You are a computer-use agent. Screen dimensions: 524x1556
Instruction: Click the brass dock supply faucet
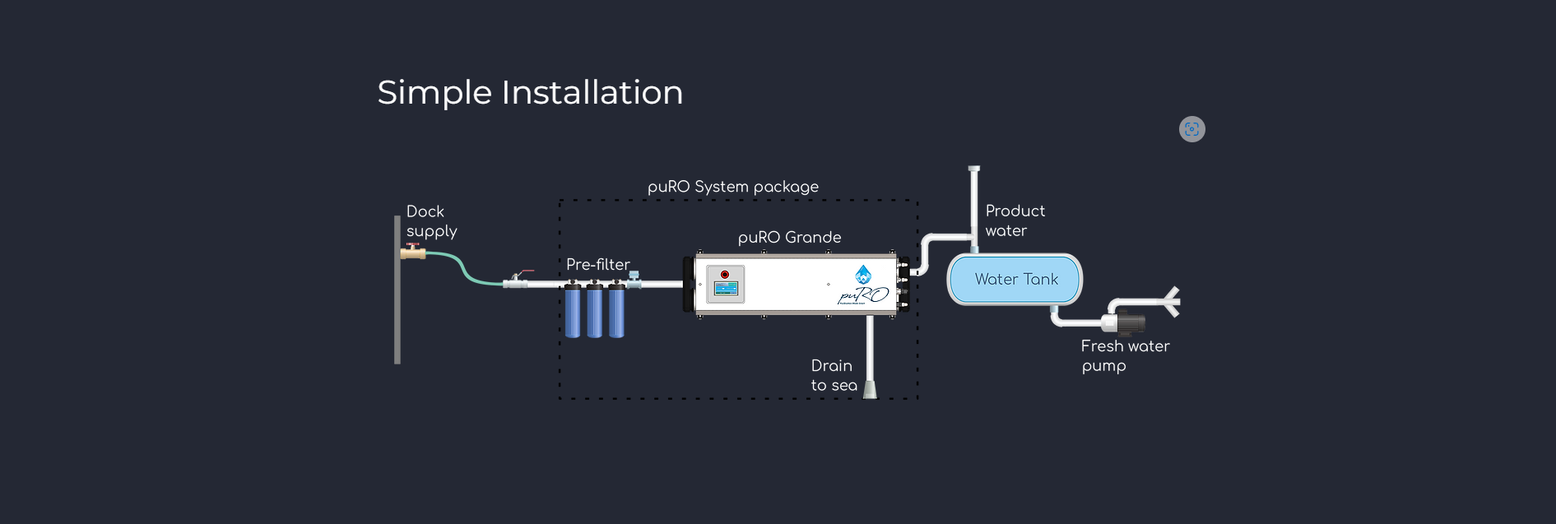(413, 253)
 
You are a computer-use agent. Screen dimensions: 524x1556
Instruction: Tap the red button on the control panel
(725, 275)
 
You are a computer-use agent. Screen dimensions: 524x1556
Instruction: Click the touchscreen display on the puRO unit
(726, 289)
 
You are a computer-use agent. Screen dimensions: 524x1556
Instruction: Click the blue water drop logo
(863, 274)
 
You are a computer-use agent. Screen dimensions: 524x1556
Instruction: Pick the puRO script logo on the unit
(863, 295)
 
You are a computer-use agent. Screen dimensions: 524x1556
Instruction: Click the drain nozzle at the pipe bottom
(870, 390)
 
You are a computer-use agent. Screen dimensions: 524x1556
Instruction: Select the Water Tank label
(1016, 280)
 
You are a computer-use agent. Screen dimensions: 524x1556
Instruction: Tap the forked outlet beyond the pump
(1172, 301)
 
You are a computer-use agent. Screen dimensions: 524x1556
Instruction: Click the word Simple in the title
(434, 93)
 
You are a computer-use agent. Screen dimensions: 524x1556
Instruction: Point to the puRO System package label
(732, 187)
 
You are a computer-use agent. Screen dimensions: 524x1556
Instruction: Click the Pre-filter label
(597, 264)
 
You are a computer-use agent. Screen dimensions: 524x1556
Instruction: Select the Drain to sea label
(834, 375)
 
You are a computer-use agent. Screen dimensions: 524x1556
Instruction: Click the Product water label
(1015, 220)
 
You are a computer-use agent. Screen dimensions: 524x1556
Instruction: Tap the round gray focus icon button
(1191, 129)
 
